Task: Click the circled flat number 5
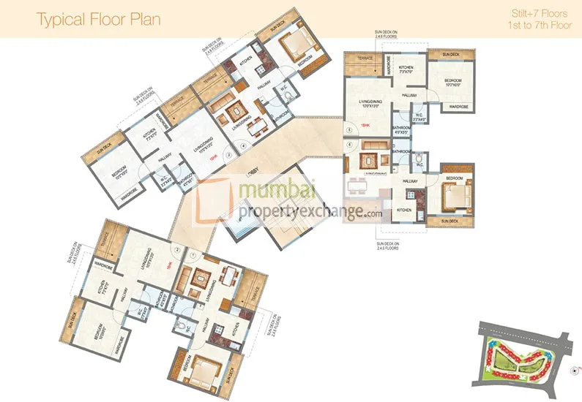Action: pyautogui.click(x=349, y=129)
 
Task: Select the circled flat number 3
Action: pyautogui.click(x=229, y=154)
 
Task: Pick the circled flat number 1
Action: pyautogui.click(x=193, y=255)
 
